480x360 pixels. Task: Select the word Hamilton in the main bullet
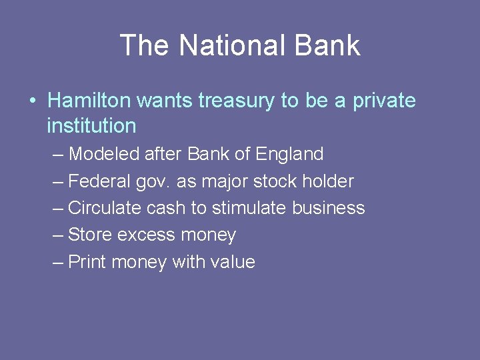pyautogui.click(x=89, y=101)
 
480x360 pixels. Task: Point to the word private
pyautogui.click(x=383, y=101)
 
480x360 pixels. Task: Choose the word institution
pyautogui.click(x=91, y=125)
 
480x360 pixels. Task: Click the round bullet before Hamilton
pyautogui.click(x=33, y=101)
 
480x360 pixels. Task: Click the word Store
pyautogui.click(x=90, y=235)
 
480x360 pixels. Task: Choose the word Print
pyautogui.click(x=88, y=262)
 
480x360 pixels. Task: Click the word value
pyautogui.click(x=232, y=262)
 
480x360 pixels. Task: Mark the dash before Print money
pyautogui.click(x=59, y=262)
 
